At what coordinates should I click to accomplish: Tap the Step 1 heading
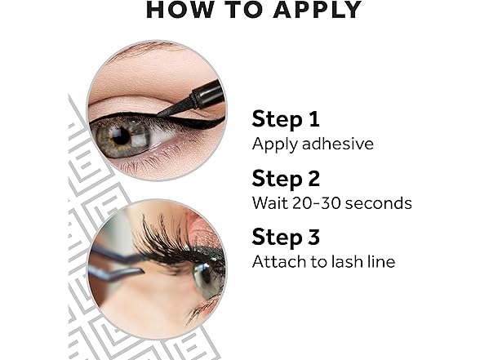coord(286,120)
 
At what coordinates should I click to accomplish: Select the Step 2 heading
coord(286,179)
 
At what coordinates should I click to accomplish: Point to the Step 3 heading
coord(286,238)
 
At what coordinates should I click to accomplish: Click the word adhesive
coord(338,144)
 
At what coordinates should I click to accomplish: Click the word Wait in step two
coord(270,202)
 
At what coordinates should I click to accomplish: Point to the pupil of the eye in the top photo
coord(121,136)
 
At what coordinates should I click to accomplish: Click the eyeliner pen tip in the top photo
coord(159,114)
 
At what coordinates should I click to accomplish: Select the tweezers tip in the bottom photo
coord(141,271)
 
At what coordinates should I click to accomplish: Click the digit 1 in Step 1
coord(314,119)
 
